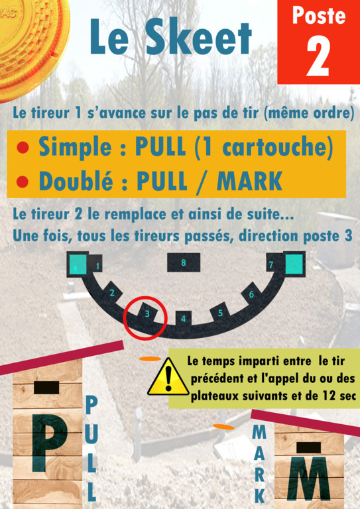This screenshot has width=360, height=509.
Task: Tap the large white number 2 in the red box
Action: point(318,56)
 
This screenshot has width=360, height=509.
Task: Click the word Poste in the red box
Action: point(319,15)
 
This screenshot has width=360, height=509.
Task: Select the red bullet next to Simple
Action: point(23,148)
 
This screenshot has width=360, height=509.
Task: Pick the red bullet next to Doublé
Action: point(23,182)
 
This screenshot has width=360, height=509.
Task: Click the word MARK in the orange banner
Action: point(249,181)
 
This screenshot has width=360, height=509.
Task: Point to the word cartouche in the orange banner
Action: point(278,148)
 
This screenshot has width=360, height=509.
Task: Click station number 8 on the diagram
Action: point(184,262)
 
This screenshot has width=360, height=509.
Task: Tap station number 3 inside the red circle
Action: point(147,313)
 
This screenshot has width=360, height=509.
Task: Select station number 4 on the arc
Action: point(184,319)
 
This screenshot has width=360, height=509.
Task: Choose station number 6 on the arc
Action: point(251,294)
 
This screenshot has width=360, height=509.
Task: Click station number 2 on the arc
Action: point(112,293)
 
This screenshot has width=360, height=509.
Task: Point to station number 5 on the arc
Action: point(220,313)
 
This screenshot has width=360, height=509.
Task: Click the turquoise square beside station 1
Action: point(78,264)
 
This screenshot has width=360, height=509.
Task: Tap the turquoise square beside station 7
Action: point(294,264)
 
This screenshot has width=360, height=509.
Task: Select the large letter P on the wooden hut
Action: point(49,443)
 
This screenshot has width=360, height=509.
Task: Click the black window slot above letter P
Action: point(46,388)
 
